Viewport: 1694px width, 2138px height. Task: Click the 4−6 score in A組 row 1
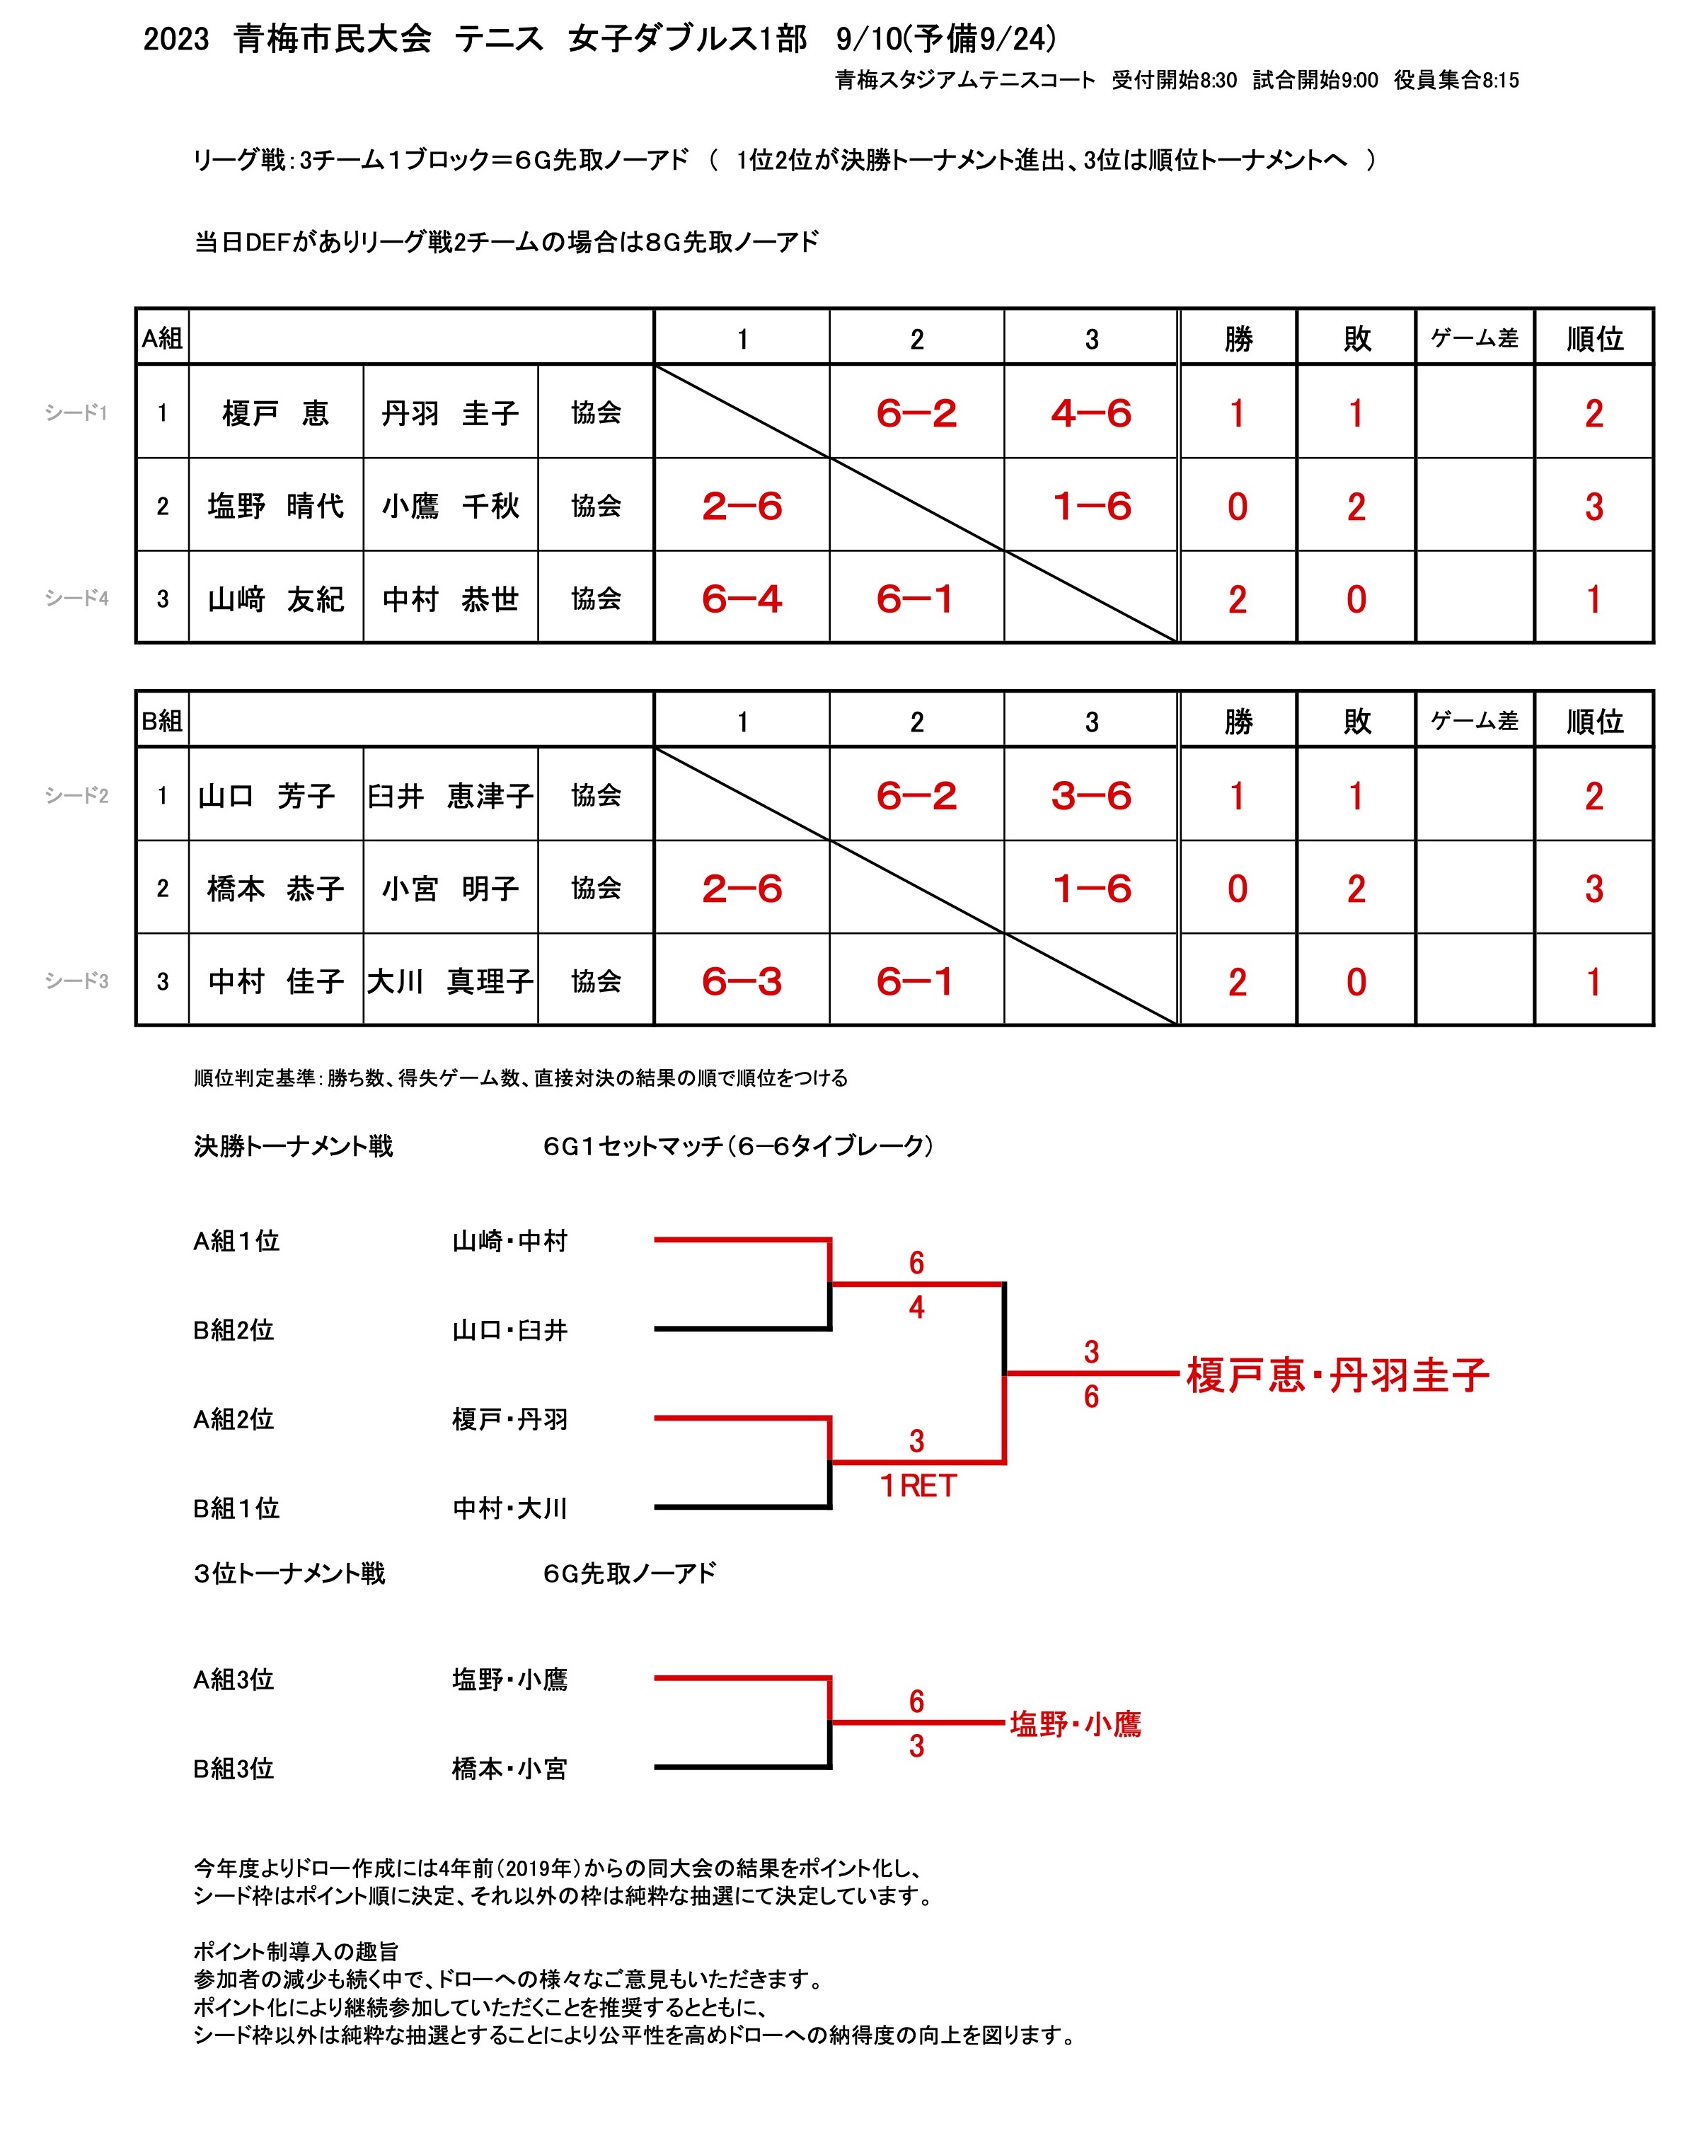tap(1091, 412)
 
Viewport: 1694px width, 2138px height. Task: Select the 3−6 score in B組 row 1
tap(1091, 795)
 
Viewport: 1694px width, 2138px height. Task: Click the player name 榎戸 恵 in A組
tap(275, 412)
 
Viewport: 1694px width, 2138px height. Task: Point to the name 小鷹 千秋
tap(450, 506)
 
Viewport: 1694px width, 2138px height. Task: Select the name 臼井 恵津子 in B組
tap(450, 795)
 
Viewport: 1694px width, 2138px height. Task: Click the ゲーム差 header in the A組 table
tap(1474, 338)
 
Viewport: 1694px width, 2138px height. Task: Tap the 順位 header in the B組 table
tap(1594, 721)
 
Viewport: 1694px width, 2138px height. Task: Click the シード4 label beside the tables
tap(76, 598)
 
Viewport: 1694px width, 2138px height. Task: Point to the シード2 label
tap(76, 795)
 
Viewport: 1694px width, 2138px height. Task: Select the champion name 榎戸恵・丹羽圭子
tap(1337, 1375)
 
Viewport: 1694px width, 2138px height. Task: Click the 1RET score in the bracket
tap(918, 1486)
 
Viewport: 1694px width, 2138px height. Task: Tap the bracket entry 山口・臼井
tap(509, 1330)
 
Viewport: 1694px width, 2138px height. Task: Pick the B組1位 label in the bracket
tap(236, 1508)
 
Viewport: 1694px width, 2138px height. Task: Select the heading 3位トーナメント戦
tap(289, 1573)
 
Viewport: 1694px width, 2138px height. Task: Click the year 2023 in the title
tap(175, 39)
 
